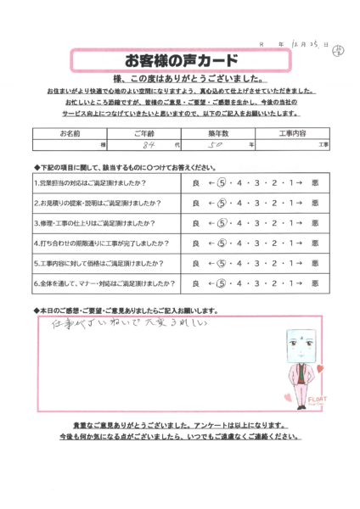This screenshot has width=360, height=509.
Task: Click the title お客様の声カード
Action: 181,61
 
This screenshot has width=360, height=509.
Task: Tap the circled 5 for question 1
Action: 223,182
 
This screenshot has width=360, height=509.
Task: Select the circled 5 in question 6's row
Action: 223,283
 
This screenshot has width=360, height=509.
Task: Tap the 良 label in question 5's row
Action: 196,263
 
